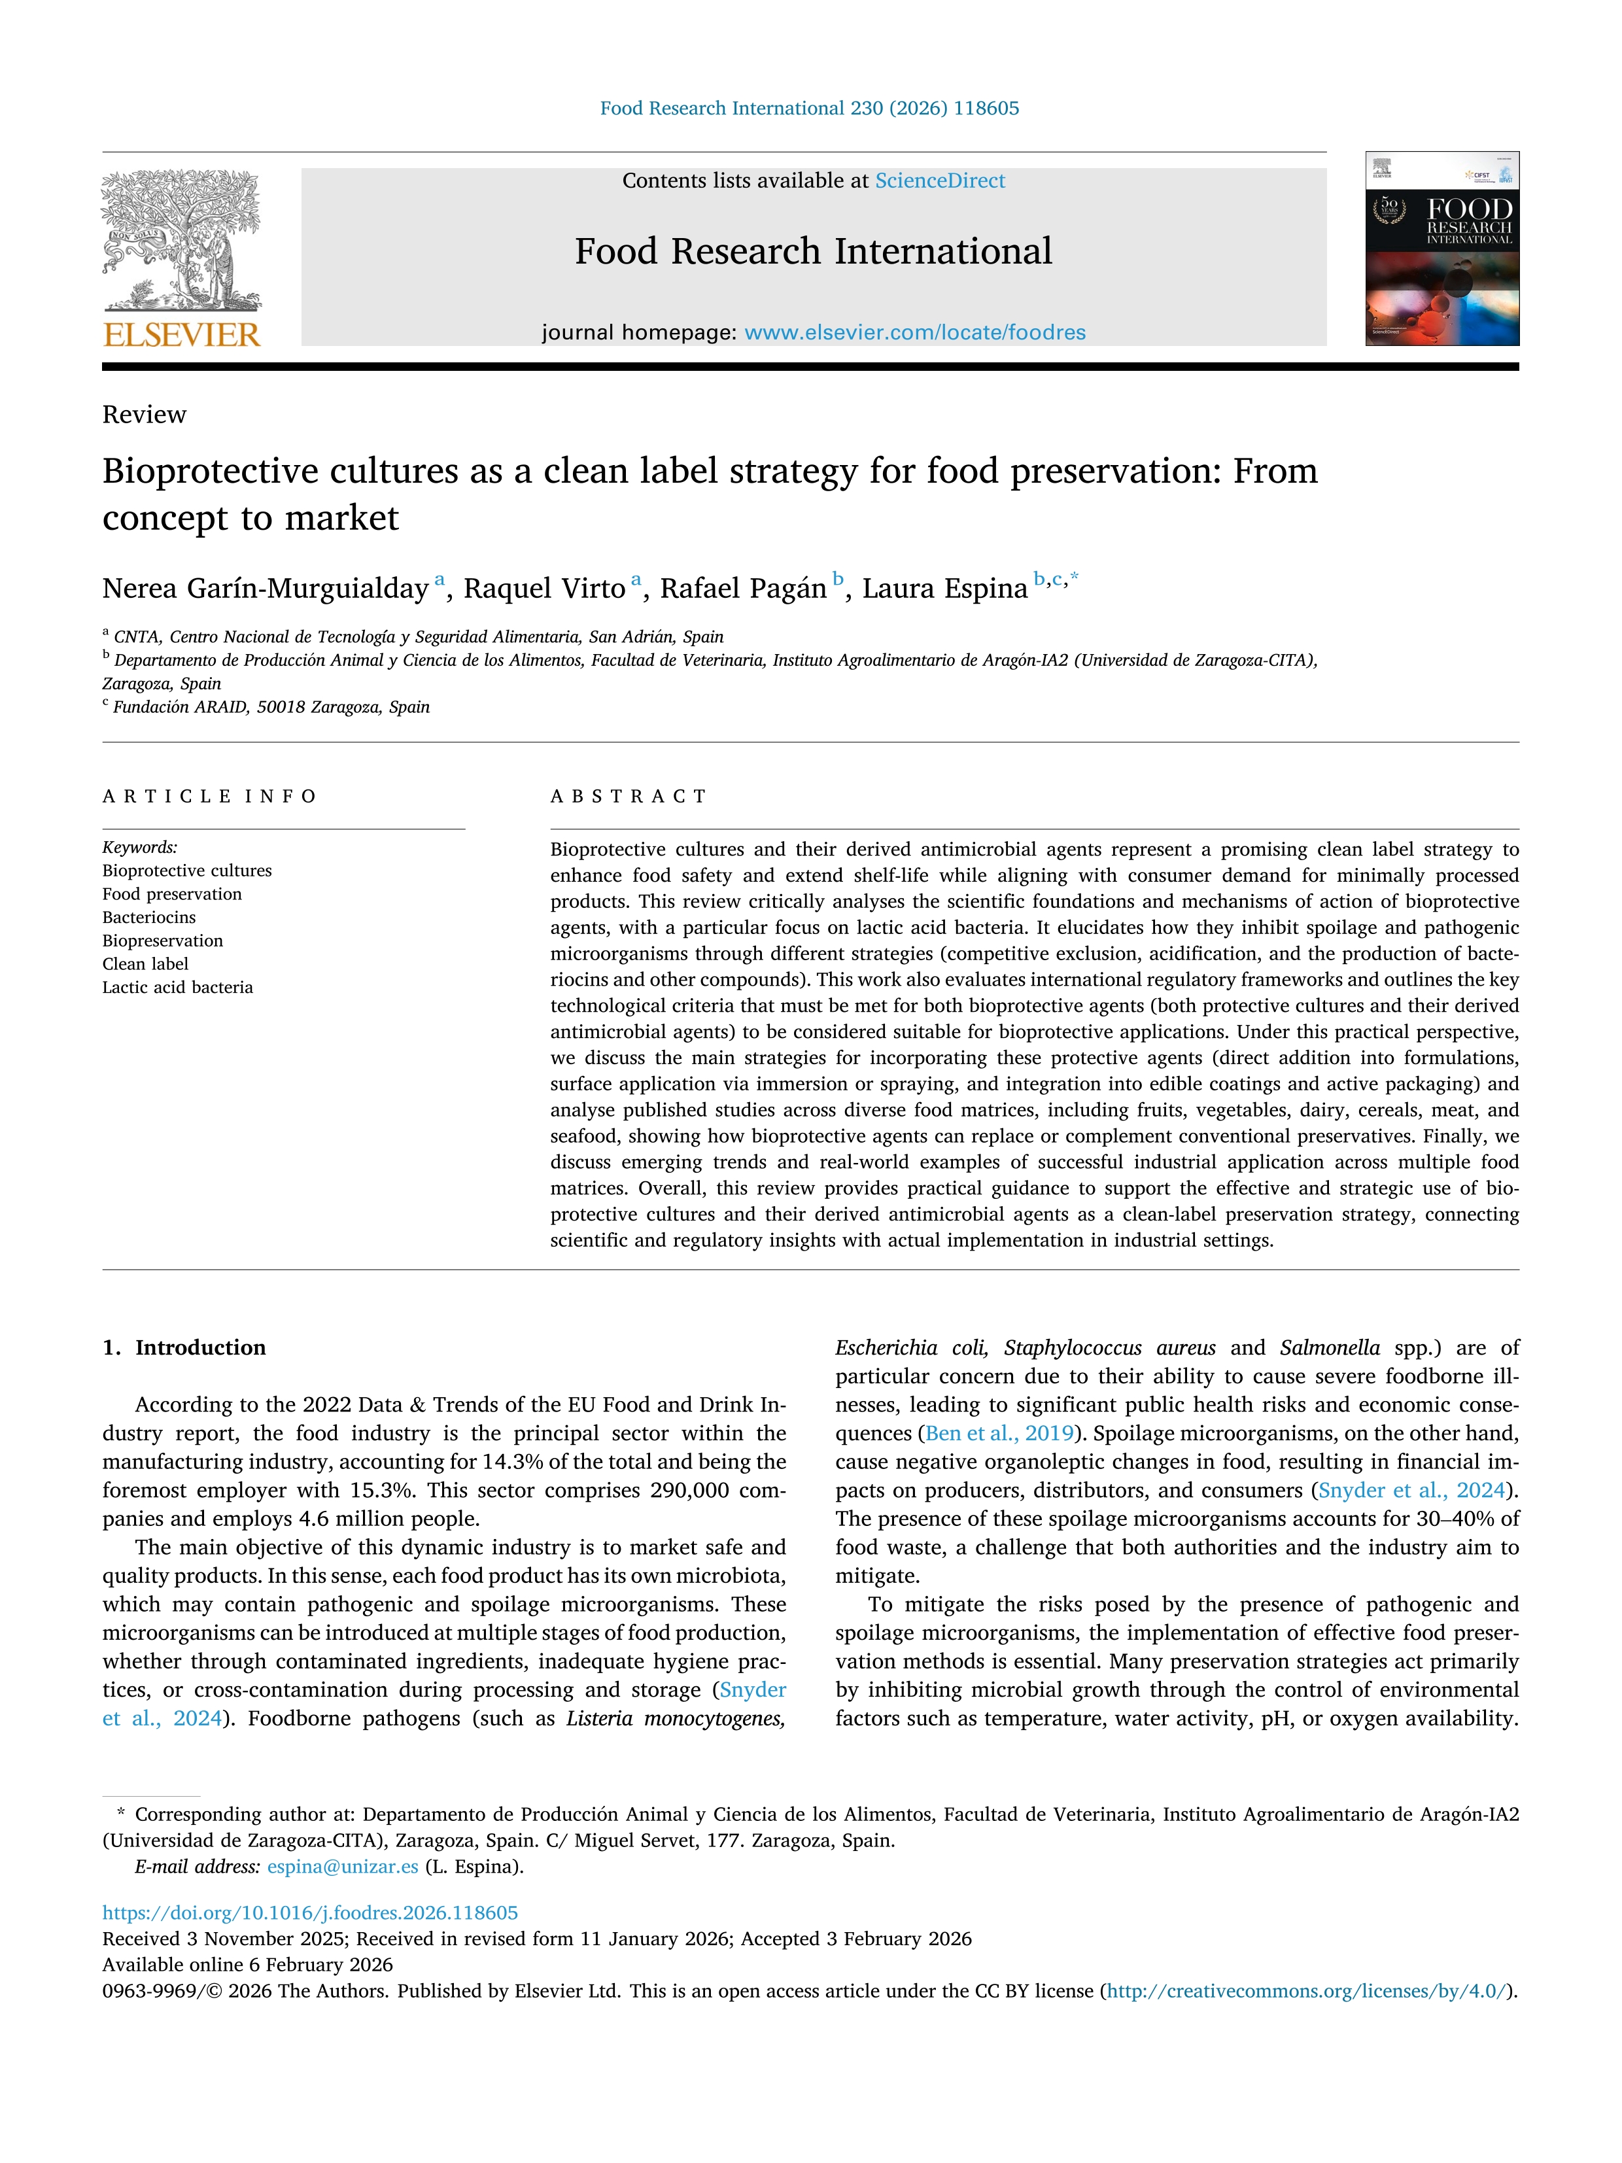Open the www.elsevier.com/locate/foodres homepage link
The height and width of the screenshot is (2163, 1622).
[914, 332]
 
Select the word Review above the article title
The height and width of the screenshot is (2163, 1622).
[144, 415]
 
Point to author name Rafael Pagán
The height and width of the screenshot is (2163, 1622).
[742, 589]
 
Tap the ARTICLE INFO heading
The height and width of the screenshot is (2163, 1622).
[209, 796]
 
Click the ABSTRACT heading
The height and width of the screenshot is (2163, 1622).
[628, 796]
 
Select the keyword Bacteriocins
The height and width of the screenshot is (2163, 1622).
[148, 917]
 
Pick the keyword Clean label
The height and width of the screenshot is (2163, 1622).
[145, 964]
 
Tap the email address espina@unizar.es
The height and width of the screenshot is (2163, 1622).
[342, 1867]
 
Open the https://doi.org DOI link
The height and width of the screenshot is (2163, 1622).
[310, 1912]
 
